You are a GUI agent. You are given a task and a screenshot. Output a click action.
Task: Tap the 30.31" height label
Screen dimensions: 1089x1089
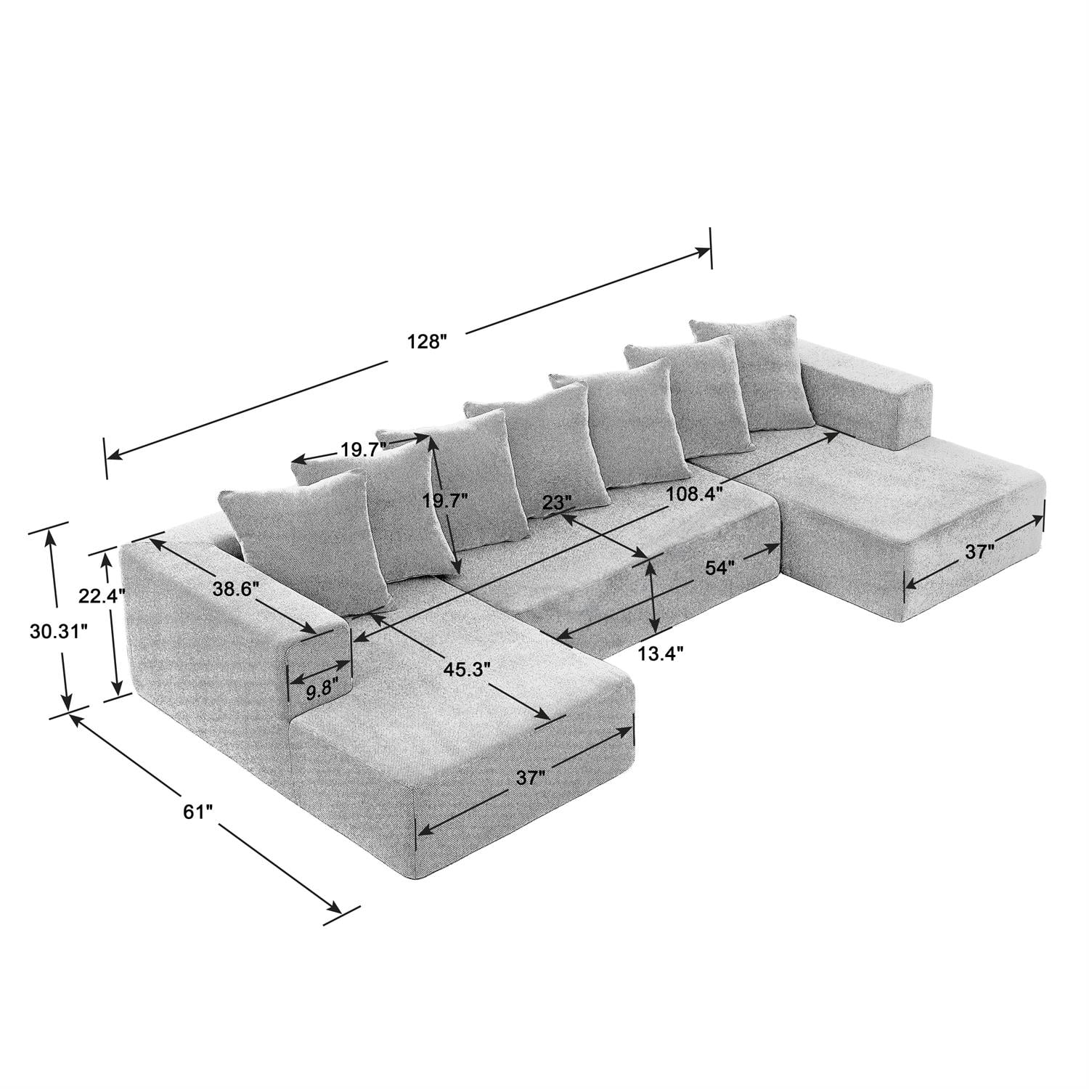pyautogui.click(x=59, y=632)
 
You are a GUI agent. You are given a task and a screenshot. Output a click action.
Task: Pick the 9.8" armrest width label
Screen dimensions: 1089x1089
pyautogui.click(x=319, y=691)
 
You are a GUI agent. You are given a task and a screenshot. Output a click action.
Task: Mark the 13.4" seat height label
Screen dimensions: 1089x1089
pyautogui.click(x=661, y=654)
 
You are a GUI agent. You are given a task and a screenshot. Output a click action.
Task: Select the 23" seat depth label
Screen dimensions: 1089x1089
pyautogui.click(x=558, y=502)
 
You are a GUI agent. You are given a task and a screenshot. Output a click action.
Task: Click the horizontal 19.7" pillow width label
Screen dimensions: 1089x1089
pyautogui.click(x=361, y=449)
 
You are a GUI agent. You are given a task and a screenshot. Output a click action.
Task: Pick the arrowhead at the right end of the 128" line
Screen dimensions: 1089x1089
pyautogui.click(x=704, y=251)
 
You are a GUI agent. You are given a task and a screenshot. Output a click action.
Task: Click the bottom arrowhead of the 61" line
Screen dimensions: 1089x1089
pyautogui.click(x=335, y=908)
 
